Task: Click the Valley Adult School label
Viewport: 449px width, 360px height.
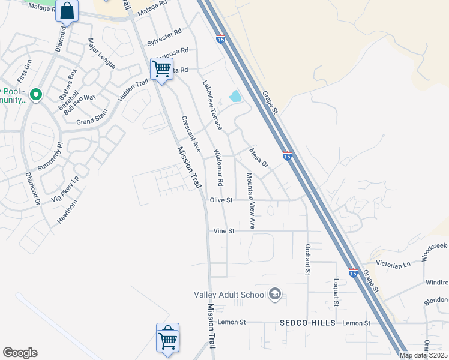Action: coord(230,295)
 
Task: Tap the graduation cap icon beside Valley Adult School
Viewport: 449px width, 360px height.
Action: coord(275,293)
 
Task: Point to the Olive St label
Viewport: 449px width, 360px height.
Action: coord(221,200)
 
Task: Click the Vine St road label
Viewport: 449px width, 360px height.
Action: coord(224,231)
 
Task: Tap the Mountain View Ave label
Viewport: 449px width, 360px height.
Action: coord(251,201)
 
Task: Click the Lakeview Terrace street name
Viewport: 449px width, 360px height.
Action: coord(212,106)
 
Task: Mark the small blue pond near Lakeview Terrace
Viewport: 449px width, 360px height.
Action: coord(235,96)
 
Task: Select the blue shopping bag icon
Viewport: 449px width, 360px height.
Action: coord(67,11)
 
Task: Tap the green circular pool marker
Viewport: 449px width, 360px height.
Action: coord(36,94)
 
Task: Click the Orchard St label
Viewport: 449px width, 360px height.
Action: coord(307,259)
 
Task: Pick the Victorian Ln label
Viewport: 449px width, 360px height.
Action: coord(393,263)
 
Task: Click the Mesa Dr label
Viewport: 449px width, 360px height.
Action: coord(259,157)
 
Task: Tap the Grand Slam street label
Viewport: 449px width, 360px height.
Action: coord(92,121)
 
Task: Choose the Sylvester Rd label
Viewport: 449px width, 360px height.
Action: coord(164,37)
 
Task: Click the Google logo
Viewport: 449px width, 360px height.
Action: coord(20,353)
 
